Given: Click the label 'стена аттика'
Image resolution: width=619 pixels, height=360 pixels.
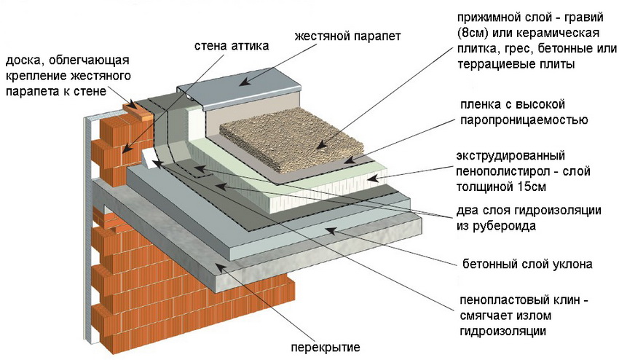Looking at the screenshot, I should (x=232, y=46).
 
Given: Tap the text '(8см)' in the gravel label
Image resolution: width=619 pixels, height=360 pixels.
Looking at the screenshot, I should (x=473, y=34).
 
